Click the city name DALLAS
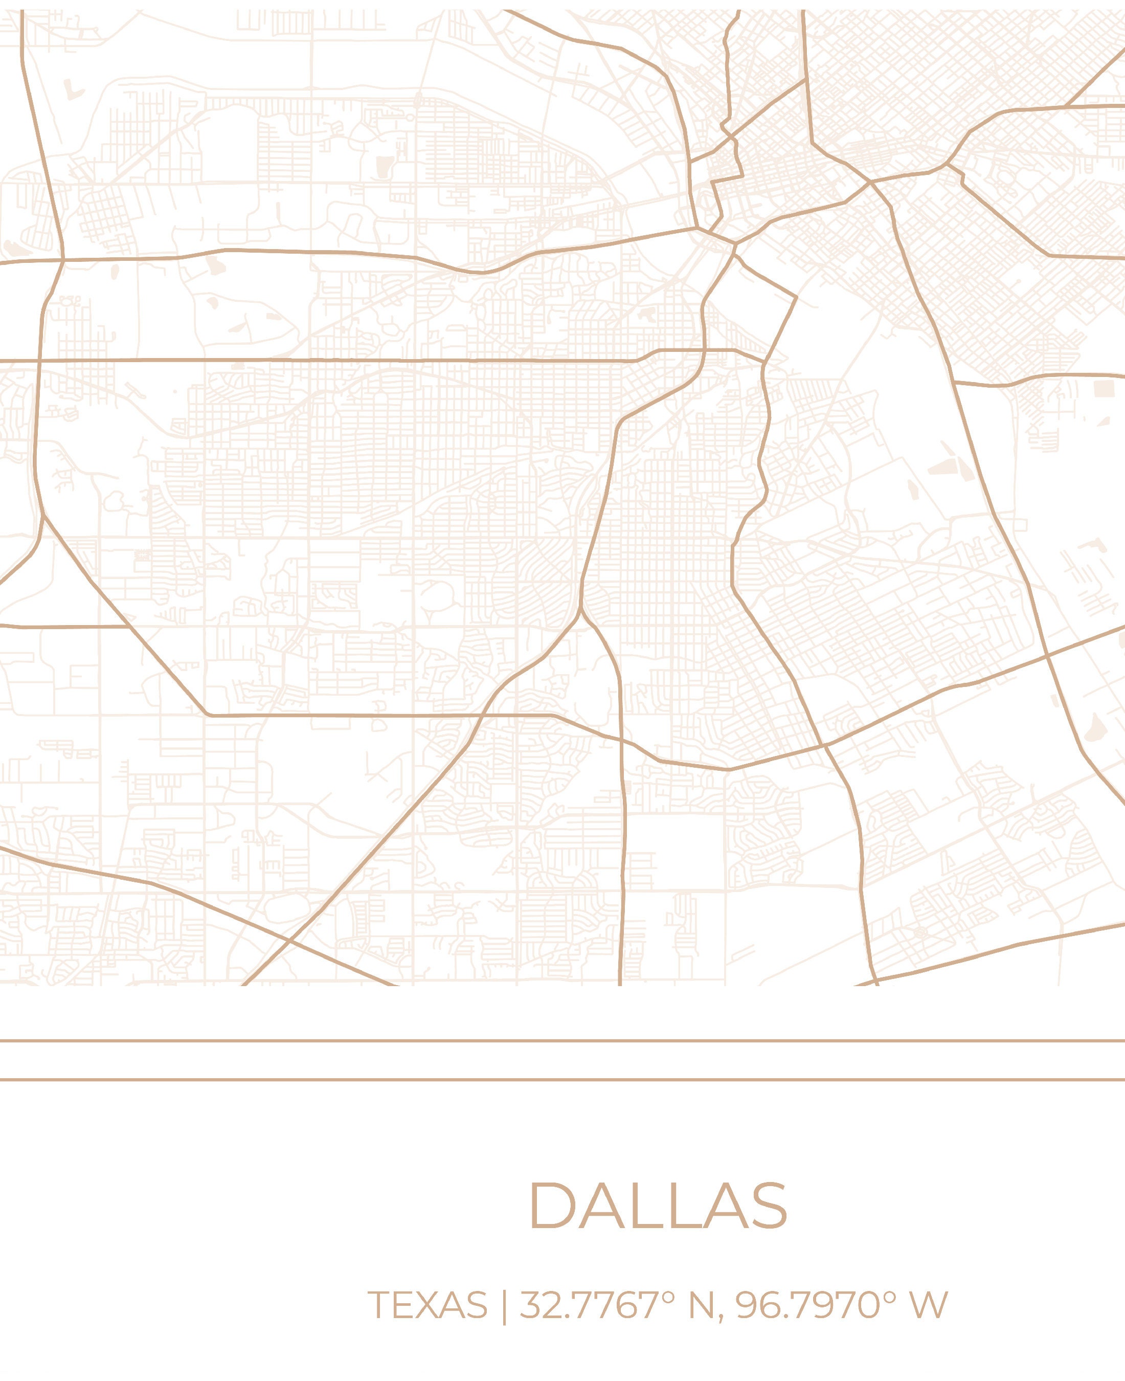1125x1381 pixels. [659, 1206]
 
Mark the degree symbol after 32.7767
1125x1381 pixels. [669, 1297]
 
